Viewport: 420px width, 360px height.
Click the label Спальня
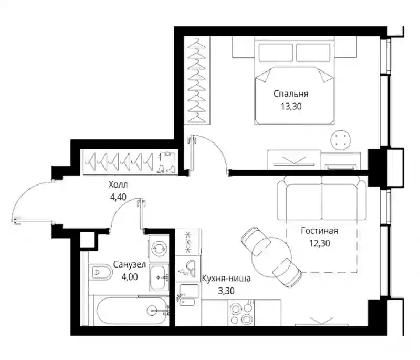pos(291,94)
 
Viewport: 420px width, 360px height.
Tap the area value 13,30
pos(291,106)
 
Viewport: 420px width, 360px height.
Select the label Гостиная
pos(319,231)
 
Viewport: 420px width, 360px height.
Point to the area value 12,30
pos(320,243)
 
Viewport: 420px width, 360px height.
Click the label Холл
pos(118,184)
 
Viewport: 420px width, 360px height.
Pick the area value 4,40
pos(118,197)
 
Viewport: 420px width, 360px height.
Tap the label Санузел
pos(130,264)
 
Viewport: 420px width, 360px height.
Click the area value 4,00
pos(130,276)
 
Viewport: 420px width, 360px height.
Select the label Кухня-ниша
pos(226,279)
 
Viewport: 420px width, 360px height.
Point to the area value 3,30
pos(226,291)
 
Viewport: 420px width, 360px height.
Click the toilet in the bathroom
pos(100,272)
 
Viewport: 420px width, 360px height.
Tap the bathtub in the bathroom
pos(133,311)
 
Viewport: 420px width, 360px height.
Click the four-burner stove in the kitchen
pos(241,313)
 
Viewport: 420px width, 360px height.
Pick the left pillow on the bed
pos(276,53)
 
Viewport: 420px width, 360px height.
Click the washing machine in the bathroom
pos(159,249)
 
